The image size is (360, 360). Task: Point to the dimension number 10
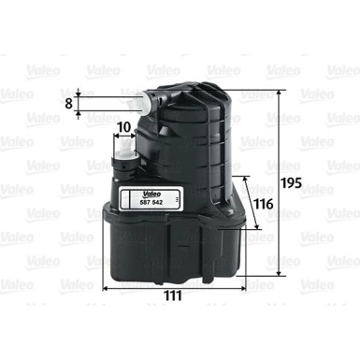pyautogui.click(x=124, y=126)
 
